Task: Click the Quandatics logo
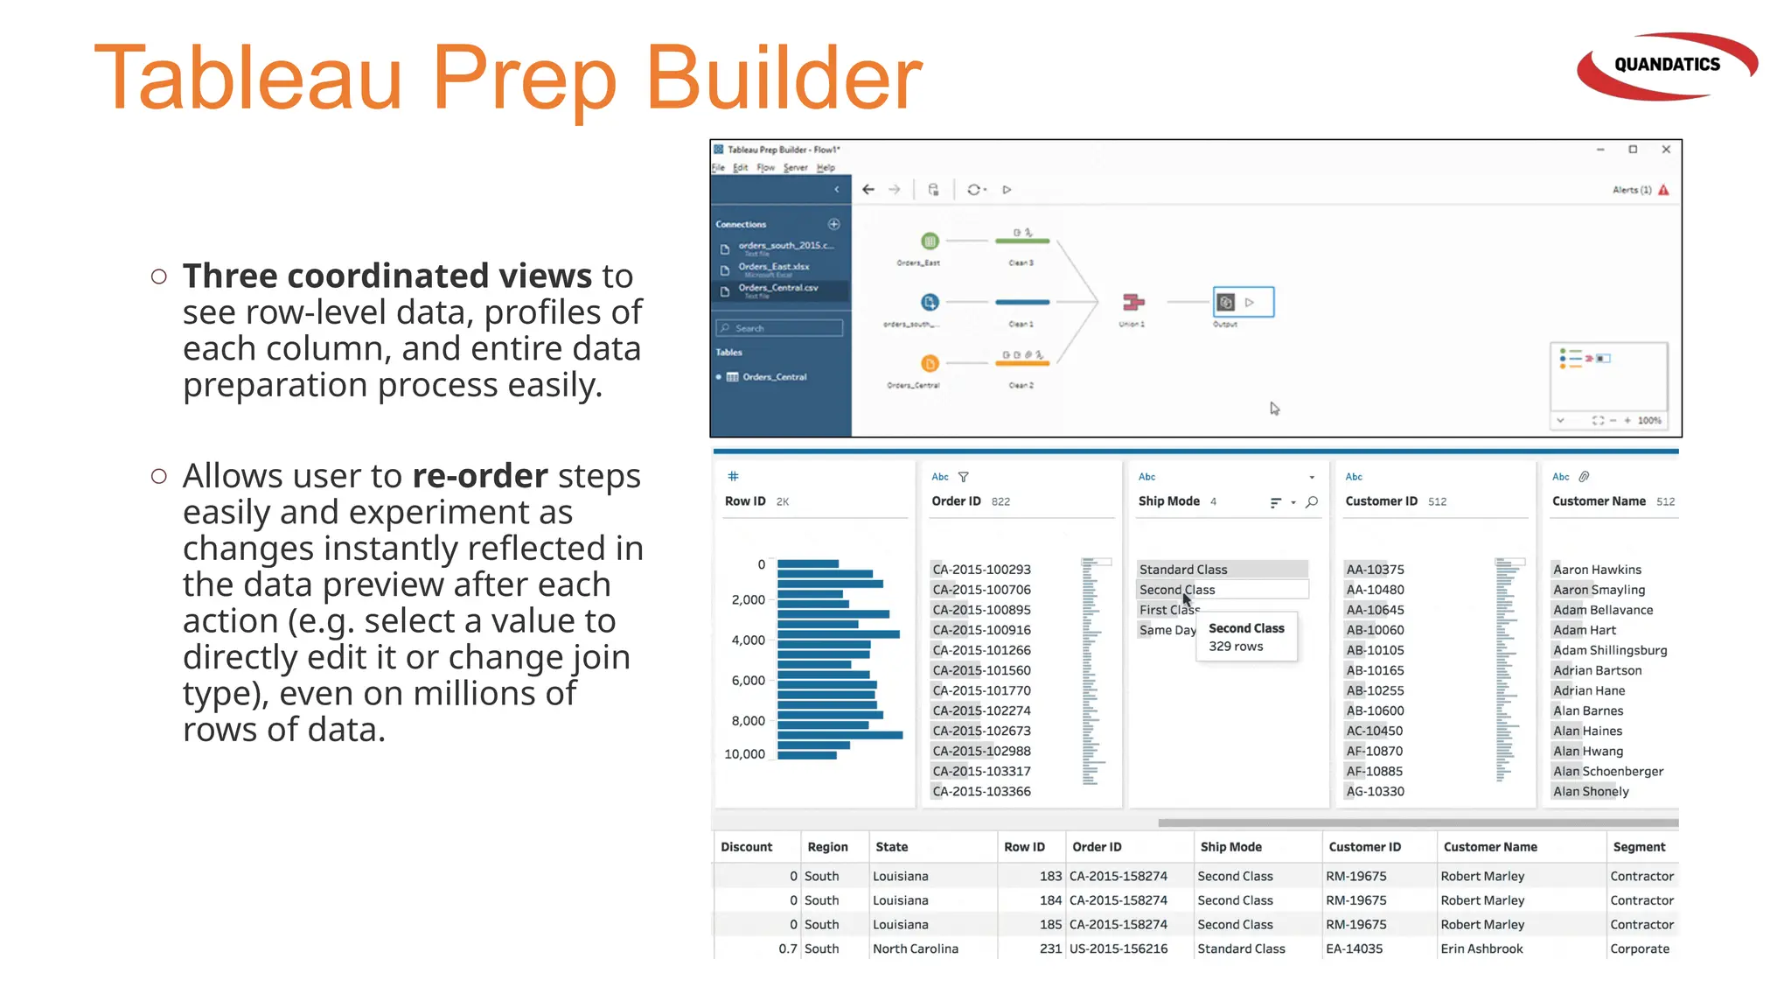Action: (1666, 66)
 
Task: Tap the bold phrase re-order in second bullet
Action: (480, 476)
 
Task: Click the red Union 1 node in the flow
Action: (1133, 303)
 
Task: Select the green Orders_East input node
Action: (930, 241)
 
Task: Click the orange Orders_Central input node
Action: (930, 363)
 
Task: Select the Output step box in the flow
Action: (1243, 302)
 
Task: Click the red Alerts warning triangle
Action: (1663, 190)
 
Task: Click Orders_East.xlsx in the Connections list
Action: (773, 267)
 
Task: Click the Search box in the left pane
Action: (780, 328)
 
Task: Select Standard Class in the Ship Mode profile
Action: (1183, 570)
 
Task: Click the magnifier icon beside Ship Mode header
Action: (1312, 502)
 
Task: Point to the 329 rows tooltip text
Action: (1236, 647)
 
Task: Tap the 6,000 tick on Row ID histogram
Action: (748, 681)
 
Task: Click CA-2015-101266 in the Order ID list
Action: (981, 650)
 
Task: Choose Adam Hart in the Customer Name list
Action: (1584, 630)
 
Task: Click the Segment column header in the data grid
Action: (1639, 847)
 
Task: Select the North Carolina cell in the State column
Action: (915, 948)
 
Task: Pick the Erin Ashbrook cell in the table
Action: (1481, 948)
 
